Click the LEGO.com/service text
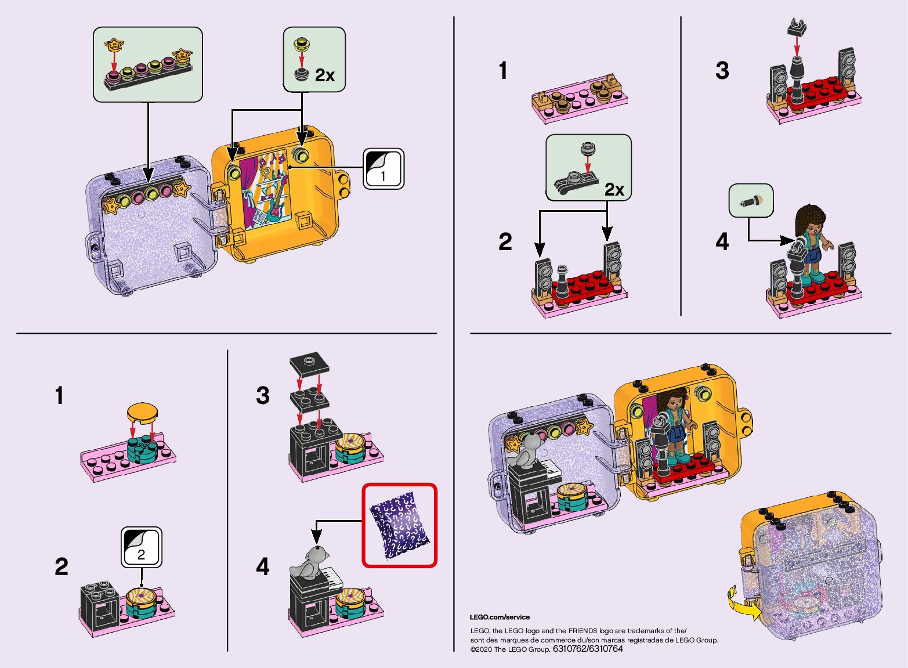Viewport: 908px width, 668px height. click(500, 617)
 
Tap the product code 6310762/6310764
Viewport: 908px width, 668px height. click(588, 649)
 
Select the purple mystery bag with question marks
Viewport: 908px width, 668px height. click(400, 525)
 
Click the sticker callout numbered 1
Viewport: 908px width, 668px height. click(383, 168)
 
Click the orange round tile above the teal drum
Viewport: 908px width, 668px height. click(142, 412)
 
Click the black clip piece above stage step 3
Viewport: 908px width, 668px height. click(797, 26)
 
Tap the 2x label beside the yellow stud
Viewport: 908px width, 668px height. click(325, 75)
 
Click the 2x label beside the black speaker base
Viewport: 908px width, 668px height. click(614, 189)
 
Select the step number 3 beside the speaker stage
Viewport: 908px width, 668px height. click(722, 71)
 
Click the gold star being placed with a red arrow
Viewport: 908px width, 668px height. click(114, 43)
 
